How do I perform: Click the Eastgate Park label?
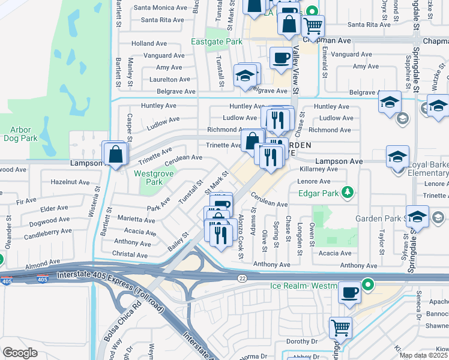217,42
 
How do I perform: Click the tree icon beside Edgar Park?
346,193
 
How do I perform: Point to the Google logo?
20,353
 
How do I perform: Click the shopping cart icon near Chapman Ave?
313,26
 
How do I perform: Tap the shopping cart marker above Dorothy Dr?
340,328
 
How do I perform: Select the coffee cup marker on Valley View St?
280,58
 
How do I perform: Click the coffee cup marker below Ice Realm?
349,293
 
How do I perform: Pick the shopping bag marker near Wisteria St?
115,154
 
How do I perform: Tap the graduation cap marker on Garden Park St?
417,217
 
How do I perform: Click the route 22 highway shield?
241,278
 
